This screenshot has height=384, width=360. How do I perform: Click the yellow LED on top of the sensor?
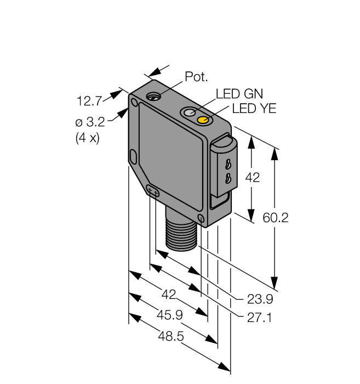pos(203,120)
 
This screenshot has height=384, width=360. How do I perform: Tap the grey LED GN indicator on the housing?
pos(190,112)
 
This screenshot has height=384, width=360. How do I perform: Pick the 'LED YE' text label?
pos(254,109)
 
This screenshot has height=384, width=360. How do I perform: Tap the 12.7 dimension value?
pos(90,100)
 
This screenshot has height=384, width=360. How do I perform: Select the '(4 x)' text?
pos(87,138)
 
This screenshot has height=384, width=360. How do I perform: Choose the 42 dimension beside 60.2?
pos(252,178)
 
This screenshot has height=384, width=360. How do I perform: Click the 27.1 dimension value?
pos(259,317)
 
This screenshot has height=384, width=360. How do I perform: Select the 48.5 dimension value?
pos(170,336)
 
